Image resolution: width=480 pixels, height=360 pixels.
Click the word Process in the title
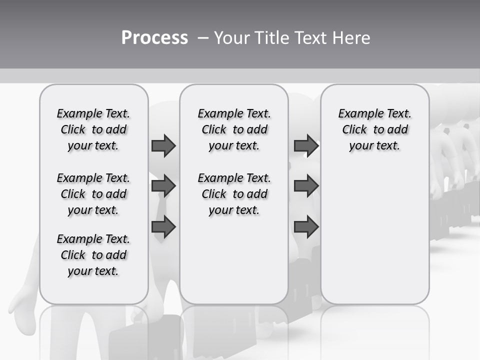(x=154, y=37)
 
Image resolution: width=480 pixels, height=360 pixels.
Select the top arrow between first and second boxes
(x=163, y=146)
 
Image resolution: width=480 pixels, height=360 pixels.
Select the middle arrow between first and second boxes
(x=163, y=186)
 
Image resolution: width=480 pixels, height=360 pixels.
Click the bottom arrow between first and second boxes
(x=163, y=227)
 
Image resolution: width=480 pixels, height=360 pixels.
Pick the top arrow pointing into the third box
(x=306, y=146)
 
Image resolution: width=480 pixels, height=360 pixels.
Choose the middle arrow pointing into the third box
(x=306, y=186)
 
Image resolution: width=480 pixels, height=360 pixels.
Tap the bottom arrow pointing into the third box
(x=306, y=227)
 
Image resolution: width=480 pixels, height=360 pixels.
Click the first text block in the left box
(x=93, y=129)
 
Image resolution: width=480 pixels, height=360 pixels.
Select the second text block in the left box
(x=93, y=194)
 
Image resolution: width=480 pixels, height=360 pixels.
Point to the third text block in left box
(x=93, y=255)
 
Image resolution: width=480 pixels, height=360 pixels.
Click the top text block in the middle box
(x=234, y=129)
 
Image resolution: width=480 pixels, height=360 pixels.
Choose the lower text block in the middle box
(x=234, y=194)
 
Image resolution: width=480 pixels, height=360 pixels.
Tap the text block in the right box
(x=374, y=129)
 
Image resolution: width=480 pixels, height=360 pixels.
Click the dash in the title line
(x=203, y=38)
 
